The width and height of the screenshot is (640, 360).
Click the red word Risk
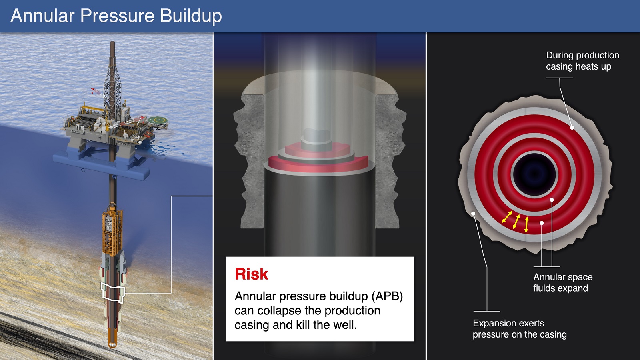pos(252,274)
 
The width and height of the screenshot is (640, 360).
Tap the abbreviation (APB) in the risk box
pos(387,296)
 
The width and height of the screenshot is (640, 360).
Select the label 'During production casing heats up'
pos(582,60)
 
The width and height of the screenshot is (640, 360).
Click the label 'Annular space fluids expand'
pos(562,282)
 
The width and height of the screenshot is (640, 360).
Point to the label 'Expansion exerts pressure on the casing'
pos(520,329)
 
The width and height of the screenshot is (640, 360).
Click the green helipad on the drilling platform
pos(158,120)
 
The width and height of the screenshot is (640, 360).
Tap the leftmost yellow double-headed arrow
pos(507,217)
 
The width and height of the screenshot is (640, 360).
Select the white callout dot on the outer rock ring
pos(473,214)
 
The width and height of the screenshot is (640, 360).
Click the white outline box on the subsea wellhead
pos(113,292)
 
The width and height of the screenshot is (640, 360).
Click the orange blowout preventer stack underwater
pos(112,232)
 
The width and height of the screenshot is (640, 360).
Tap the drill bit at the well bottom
pos(112,344)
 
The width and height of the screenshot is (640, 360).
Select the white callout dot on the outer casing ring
pos(572,128)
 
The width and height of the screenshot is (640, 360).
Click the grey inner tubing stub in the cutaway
pos(316,140)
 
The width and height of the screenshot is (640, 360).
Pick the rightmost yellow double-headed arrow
pos(526,224)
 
